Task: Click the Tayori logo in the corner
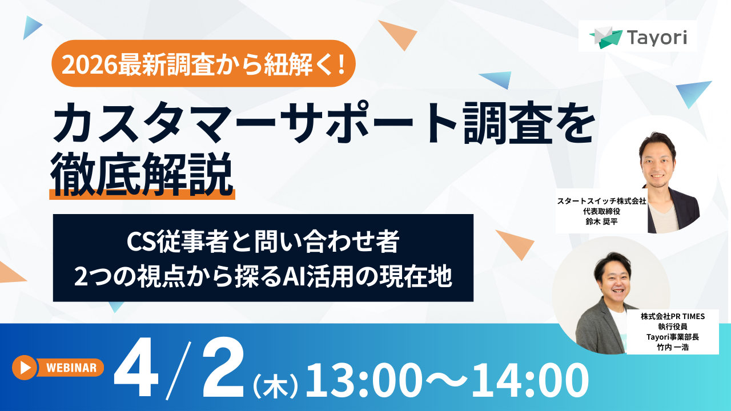click(x=637, y=37)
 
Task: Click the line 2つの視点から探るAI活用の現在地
click(x=263, y=276)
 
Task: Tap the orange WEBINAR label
click(x=70, y=368)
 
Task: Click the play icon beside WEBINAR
click(x=25, y=368)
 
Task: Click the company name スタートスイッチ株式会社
click(x=601, y=202)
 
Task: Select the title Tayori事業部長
click(x=673, y=337)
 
